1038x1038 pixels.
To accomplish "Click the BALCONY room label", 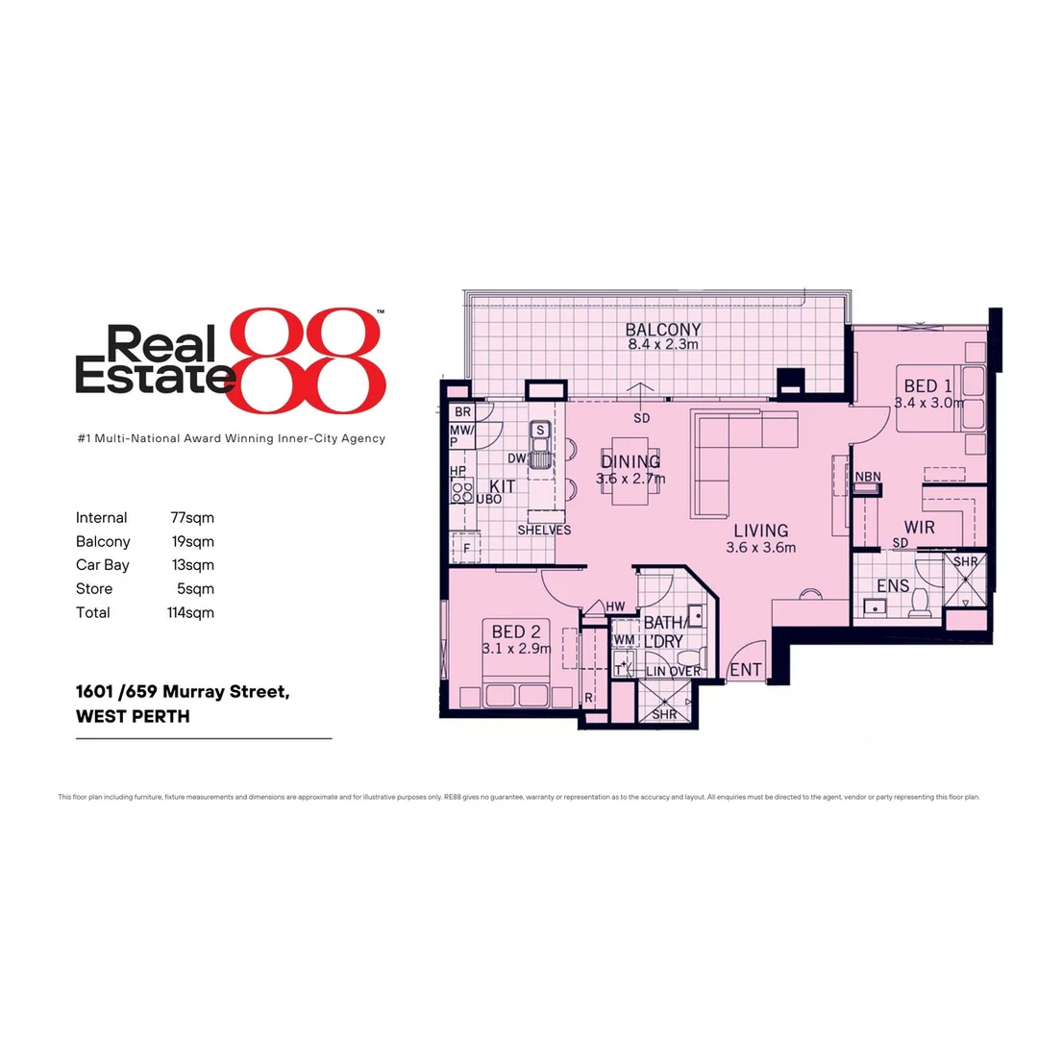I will pyautogui.click(x=663, y=330).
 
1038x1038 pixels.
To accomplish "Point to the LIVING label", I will pyautogui.click(x=760, y=531).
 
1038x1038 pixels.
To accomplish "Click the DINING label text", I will pyautogui.click(x=630, y=462).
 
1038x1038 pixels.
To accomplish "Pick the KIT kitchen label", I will pyautogui.click(x=503, y=486).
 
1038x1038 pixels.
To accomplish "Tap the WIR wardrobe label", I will pyautogui.click(x=919, y=528).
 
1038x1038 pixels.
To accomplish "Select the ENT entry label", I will pyautogui.click(x=746, y=670).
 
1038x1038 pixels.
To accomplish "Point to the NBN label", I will pyautogui.click(x=868, y=477).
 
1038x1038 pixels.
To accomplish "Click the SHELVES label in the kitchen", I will pyautogui.click(x=544, y=530).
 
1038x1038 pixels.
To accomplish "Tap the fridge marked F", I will pyautogui.click(x=467, y=548).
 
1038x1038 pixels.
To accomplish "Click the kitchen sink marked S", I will pyautogui.click(x=541, y=430).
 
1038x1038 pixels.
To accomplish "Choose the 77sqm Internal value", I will pyautogui.click(x=190, y=518).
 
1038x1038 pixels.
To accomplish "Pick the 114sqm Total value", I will pyautogui.click(x=190, y=612).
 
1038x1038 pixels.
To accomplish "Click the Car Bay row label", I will pyautogui.click(x=102, y=565).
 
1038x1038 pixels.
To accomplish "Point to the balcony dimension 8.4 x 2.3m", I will pyautogui.click(x=663, y=344).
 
